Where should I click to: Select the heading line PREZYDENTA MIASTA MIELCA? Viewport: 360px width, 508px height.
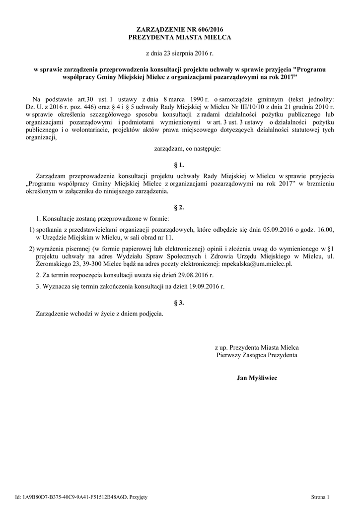pyautogui.click(x=180, y=37)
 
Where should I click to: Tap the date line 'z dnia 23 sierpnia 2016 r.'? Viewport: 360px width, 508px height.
pyautogui.click(x=180, y=53)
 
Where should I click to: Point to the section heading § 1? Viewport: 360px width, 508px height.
pyautogui.click(x=180, y=164)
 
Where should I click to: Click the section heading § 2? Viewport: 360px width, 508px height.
pyautogui.click(x=180, y=207)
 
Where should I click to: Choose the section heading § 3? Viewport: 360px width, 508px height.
pyautogui.click(x=180, y=303)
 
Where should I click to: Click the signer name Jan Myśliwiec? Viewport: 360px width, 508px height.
pyautogui.click(x=257, y=379)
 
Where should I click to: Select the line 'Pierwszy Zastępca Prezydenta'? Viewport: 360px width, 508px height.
pyautogui.click(x=257, y=355)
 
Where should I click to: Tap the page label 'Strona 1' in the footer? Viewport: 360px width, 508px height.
pyautogui.click(x=320, y=497)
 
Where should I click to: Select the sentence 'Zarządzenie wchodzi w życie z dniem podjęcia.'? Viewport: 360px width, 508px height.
pyautogui.click(x=99, y=314)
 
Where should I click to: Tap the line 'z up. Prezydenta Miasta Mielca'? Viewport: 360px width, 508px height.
pyautogui.click(x=256, y=347)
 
